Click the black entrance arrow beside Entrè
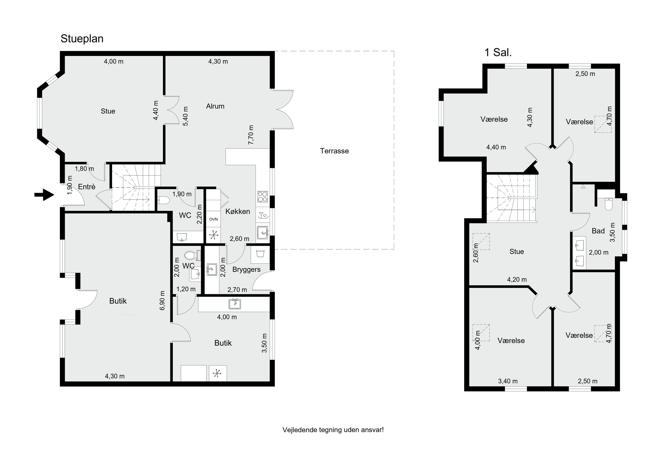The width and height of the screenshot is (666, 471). pos(44,195)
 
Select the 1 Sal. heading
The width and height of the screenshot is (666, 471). pos(498,53)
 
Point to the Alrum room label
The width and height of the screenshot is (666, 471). pos(215,106)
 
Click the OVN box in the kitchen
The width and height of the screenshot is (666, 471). pos(214,219)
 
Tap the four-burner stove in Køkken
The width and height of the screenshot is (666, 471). pos(262,197)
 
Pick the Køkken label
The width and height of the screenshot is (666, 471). pos(238,211)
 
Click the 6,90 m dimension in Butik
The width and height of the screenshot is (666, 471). pos(162,300)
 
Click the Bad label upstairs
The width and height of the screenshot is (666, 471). pos(598,231)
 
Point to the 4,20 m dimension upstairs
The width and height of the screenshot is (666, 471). pos(517,279)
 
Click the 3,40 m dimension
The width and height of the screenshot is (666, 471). pos(508,381)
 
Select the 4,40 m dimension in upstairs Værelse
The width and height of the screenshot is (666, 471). pos(496,147)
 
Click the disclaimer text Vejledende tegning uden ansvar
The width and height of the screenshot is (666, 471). pos(333,430)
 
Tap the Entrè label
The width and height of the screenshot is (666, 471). pos(87,187)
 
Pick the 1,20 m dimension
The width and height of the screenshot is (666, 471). pos(186,289)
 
